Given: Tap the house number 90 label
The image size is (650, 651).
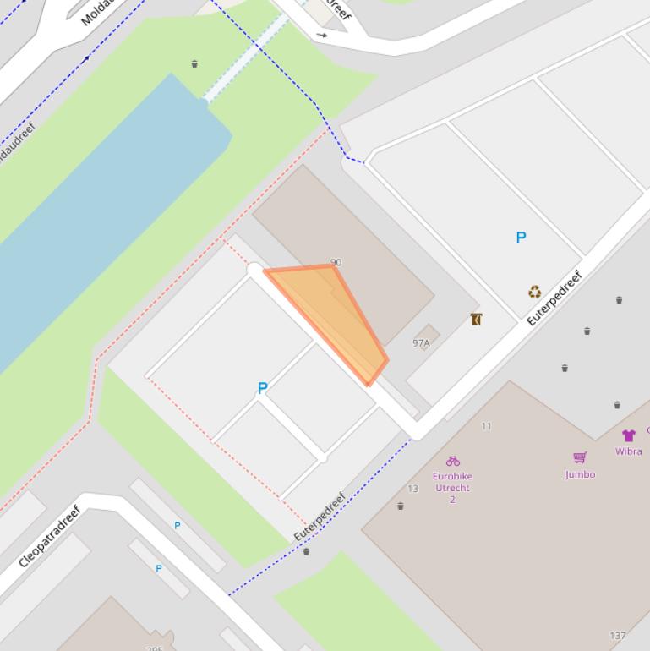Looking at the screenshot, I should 336,263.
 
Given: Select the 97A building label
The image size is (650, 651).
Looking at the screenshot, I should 421,343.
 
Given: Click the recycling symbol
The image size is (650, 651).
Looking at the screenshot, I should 534,293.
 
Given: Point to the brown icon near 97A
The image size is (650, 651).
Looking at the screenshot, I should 476,320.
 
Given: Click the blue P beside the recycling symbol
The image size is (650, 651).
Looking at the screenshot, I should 521,238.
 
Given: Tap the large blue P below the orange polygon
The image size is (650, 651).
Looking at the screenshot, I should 262,388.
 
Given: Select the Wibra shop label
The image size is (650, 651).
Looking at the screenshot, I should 628,451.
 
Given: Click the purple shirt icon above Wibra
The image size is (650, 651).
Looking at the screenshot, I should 628,435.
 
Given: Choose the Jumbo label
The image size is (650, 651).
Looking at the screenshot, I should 580,474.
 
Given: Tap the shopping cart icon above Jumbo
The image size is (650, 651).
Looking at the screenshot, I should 580,457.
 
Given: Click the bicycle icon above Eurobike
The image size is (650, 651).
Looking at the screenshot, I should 453,461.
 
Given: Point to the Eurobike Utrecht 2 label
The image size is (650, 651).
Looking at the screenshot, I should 452,488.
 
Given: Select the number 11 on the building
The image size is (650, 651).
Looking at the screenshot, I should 486,426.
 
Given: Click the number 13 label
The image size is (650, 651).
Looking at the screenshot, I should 413,489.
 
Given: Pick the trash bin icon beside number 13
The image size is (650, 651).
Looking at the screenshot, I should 401,506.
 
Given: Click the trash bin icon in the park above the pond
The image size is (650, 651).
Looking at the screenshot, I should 194,63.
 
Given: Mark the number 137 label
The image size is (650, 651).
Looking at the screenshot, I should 618,636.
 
